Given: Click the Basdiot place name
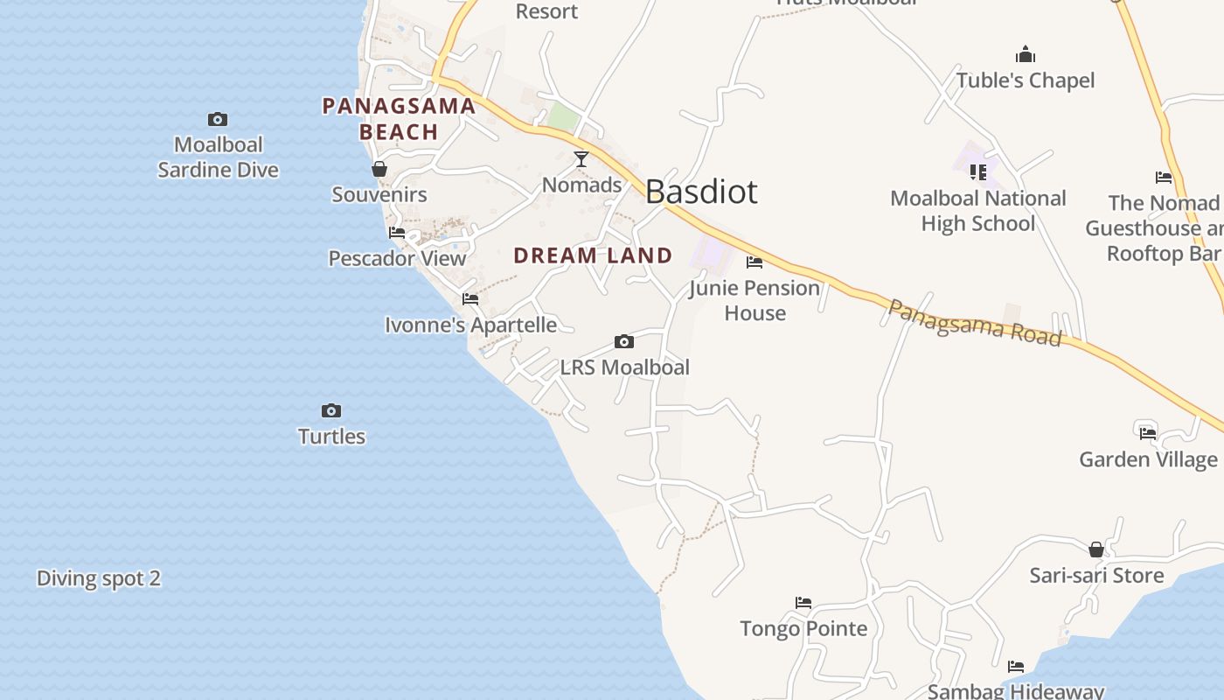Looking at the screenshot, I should [701, 192].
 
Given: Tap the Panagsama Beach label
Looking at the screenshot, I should [399, 119].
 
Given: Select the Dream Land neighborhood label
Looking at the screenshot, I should [593, 255].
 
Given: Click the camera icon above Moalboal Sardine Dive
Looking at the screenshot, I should [218, 119].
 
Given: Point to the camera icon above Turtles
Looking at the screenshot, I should [331, 410].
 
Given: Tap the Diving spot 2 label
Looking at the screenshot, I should [99, 578].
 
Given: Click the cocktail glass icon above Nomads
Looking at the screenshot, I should [581, 158].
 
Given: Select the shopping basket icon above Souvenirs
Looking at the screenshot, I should [379, 169].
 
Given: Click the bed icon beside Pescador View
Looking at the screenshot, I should [397, 233].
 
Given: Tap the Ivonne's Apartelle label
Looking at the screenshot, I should [470, 325].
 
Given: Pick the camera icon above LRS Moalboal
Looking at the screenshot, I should [624, 341].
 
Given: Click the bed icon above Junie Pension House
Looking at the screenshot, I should [755, 262].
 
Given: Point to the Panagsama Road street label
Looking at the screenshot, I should [975, 322].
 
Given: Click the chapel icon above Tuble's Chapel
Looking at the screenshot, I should [1026, 55].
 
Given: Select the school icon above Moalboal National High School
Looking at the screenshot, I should [977, 172].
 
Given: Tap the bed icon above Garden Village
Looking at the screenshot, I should [1148, 433].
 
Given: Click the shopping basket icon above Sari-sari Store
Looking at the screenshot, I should [1096, 549].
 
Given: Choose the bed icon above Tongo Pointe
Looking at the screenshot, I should [803, 602].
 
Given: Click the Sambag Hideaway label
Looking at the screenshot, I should [1016, 691].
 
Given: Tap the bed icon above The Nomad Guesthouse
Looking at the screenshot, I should [1164, 178].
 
